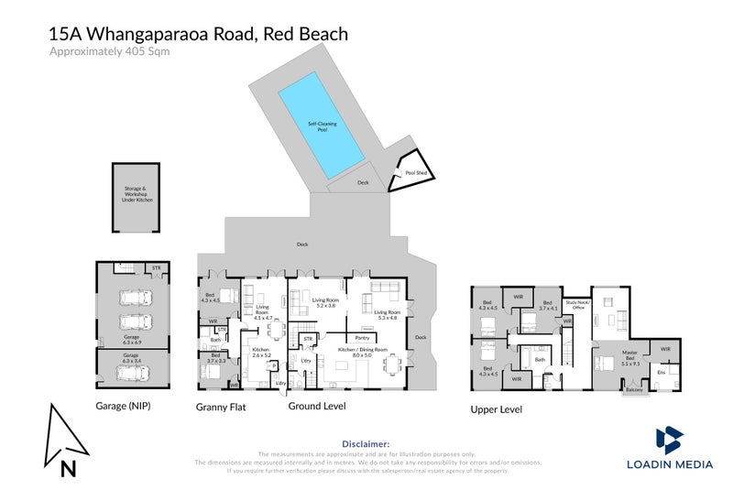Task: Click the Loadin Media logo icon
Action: tap(669, 439)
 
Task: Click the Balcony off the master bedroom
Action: tap(633, 390)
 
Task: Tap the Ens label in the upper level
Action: tap(660, 372)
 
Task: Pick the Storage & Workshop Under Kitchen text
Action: tap(134, 193)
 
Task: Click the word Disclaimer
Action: tap(366, 442)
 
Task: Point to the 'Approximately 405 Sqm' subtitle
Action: tap(109, 52)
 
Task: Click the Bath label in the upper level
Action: tap(540, 360)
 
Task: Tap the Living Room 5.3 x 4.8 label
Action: tap(384, 315)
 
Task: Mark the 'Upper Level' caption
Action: tap(498, 410)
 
